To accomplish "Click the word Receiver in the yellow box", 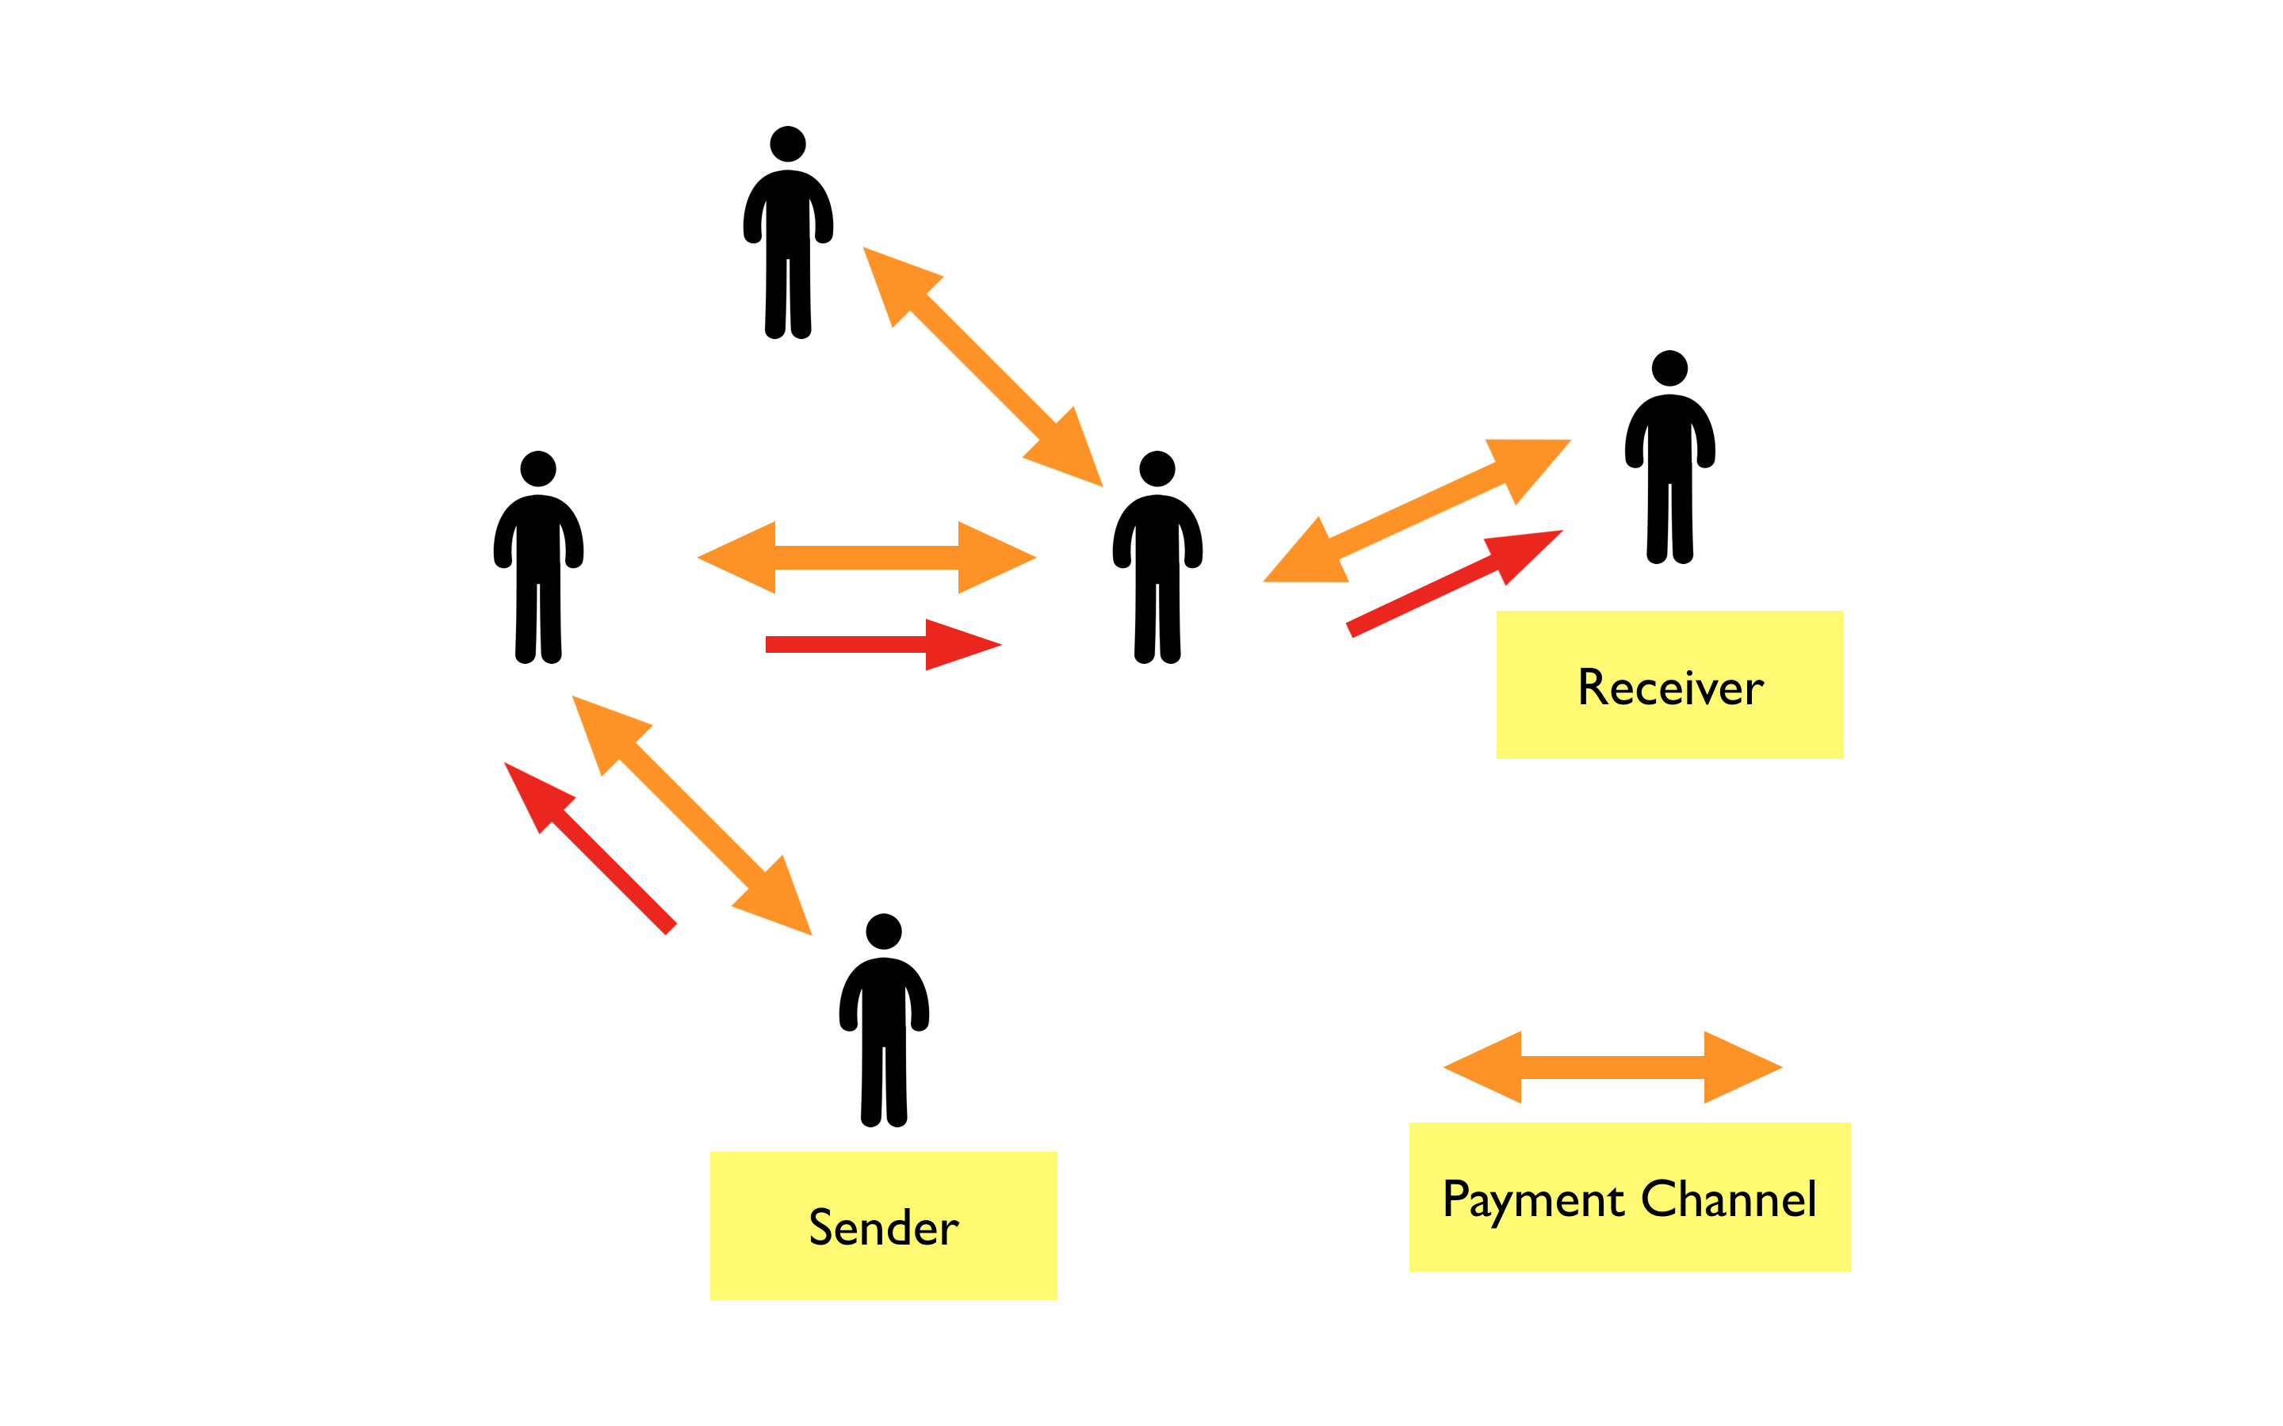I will pos(1669,688).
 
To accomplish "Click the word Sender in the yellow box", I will pos(883,1227).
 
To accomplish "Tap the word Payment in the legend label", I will pos(1533,1200).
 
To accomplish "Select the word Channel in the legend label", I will pos(1728,1199).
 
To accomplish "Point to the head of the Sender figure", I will pos(884,932).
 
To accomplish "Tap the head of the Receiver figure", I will pos(1669,368).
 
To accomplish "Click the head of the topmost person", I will pos(788,144).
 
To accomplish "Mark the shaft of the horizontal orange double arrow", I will pos(866,558).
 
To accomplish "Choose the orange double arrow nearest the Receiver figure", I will pos(1417,511).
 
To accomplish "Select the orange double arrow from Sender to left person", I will pos(691,816).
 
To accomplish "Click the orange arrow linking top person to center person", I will pos(982,367).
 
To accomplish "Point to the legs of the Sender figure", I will pos(884,1085).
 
